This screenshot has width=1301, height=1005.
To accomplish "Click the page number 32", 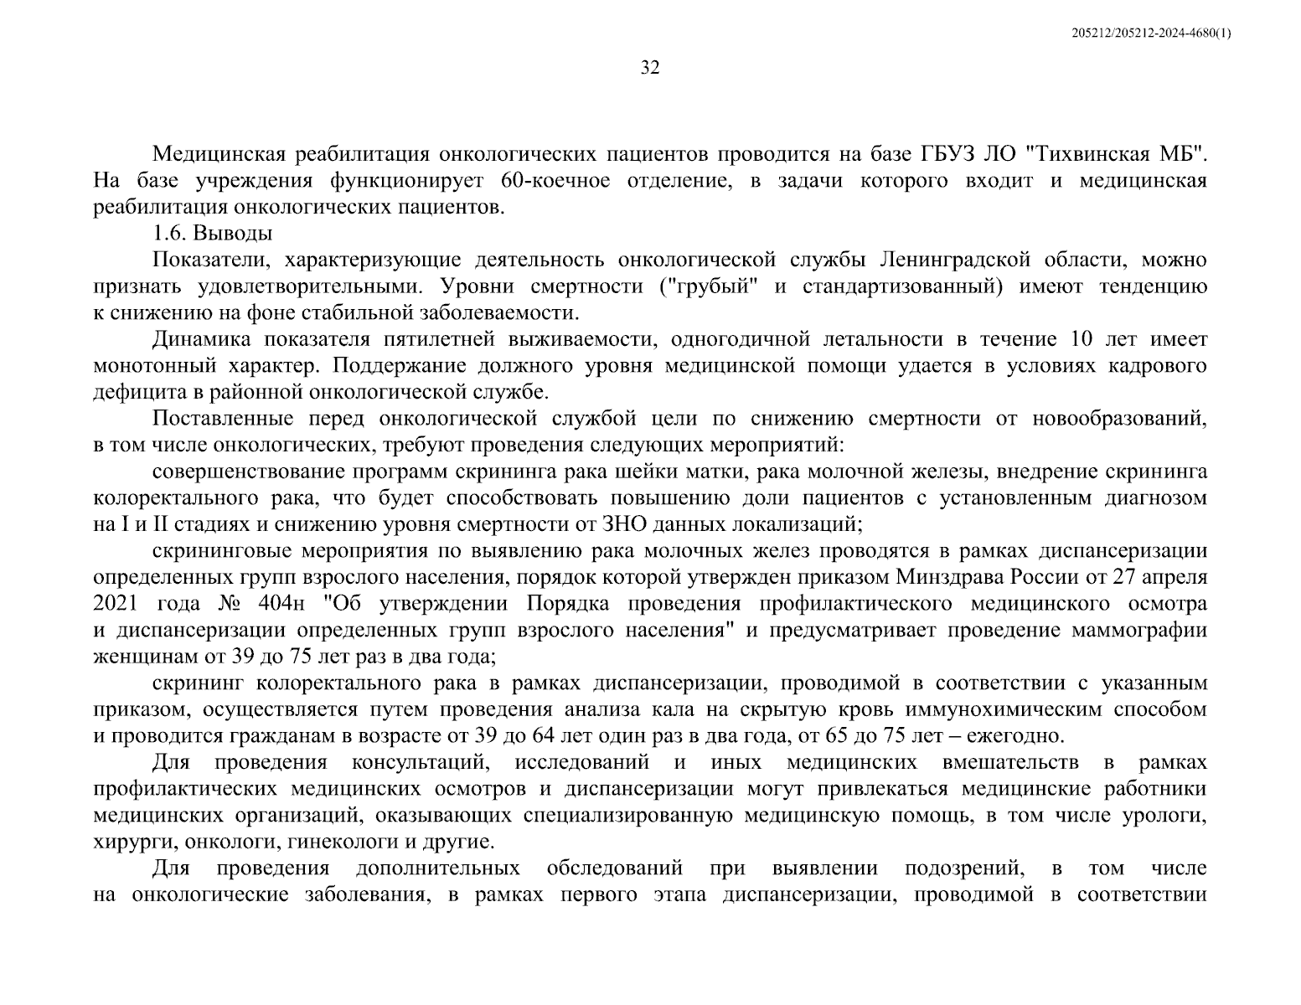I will pyautogui.click(x=649, y=68).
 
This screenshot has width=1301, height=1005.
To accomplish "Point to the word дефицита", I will pyautogui.click(x=134, y=392).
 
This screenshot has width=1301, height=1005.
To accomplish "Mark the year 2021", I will pyautogui.click(x=116, y=604).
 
